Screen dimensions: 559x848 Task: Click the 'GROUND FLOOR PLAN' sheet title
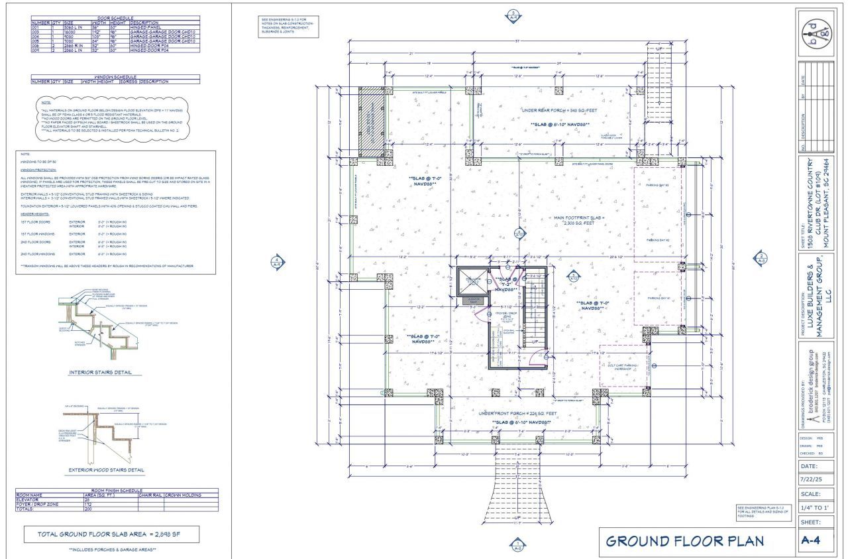pos(684,541)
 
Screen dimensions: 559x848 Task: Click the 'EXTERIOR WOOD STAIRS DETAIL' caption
pos(106,470)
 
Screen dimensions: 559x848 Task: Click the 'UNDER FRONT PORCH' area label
pos(519,413)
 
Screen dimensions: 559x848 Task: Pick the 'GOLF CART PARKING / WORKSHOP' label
pos(621,366)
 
